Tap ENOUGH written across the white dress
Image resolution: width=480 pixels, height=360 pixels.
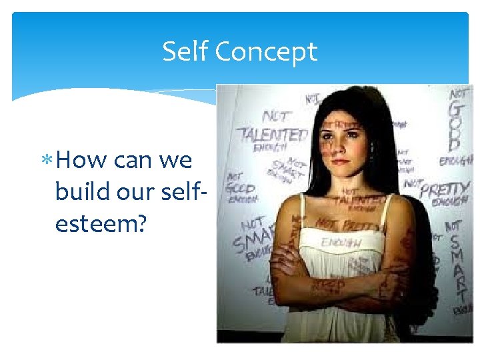[x=341, y=243]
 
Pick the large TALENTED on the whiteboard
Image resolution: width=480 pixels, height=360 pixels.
[x=273, y=134]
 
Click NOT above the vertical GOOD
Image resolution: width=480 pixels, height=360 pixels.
[x=458, y=93]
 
